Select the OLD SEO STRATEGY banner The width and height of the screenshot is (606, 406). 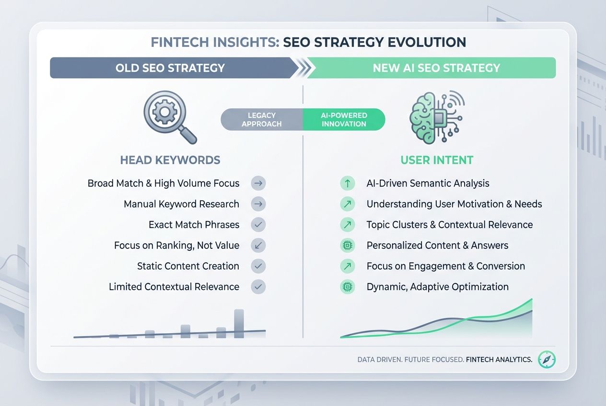coord(170,68)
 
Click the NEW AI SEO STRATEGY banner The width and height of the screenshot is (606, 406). coord(436,68)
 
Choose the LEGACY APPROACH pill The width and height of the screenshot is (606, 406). coord(262,120)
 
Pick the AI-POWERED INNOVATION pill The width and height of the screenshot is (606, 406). coord(344,120)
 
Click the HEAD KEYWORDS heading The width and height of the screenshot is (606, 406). coord(170,160)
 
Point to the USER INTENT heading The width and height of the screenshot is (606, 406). coord(437,160)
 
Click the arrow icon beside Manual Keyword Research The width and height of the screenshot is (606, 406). coord(258,204)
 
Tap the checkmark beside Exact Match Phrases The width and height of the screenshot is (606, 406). coord(258,225)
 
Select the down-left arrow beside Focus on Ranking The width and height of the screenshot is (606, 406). coord(258,246)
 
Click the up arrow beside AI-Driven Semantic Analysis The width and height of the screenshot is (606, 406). coord(347,183)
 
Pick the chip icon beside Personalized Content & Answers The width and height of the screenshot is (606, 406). coord(347,246)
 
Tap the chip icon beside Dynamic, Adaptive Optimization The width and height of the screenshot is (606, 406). coord(347,287)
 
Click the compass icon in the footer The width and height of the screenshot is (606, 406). coord(547,359)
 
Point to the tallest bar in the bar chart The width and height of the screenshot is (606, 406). coord(239,323)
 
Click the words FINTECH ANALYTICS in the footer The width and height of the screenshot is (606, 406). coord(499,360)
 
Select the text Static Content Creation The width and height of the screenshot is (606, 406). coord(188,266)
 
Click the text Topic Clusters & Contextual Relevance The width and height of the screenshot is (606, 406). coord(450,225)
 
